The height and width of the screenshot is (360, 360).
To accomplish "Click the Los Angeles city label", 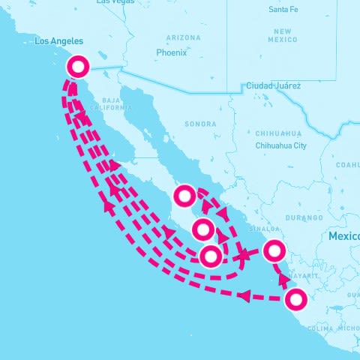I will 59,41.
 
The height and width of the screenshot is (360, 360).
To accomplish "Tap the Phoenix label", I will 171,53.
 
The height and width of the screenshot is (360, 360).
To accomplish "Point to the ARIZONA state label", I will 184,37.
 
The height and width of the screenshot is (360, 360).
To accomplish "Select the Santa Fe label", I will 283,10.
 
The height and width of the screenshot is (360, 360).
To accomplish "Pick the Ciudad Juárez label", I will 274,86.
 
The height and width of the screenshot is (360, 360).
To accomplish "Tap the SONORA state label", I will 200,124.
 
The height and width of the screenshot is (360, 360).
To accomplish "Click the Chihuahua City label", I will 281,145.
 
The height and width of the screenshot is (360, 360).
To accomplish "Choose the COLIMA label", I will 319,328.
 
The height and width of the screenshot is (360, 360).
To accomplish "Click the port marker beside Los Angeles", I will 78,67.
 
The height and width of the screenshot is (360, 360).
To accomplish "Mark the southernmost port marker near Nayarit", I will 297,301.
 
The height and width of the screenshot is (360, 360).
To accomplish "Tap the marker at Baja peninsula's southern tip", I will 211,256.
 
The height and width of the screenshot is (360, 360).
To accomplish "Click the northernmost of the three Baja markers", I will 184,196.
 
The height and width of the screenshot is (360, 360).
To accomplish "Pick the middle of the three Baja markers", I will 202,229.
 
